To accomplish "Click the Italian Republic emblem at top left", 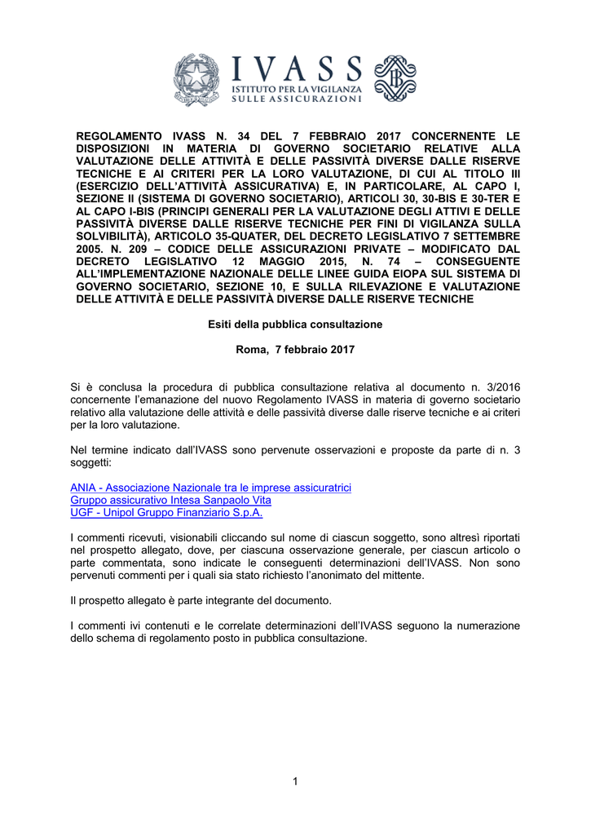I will [197, 79].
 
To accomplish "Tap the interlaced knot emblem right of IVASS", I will [395, 79].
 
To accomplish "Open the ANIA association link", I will [211, 488].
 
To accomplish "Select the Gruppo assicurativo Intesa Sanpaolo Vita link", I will [171, 500].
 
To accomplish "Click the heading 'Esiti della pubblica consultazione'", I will [295, 325].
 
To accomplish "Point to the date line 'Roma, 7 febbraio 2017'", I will [295, 350].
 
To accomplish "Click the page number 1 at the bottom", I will [295, 783].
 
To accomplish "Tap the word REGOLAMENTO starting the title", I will [118, 135].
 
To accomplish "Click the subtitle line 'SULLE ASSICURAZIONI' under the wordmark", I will [296, 99].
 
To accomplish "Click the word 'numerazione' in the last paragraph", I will [486, 625].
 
